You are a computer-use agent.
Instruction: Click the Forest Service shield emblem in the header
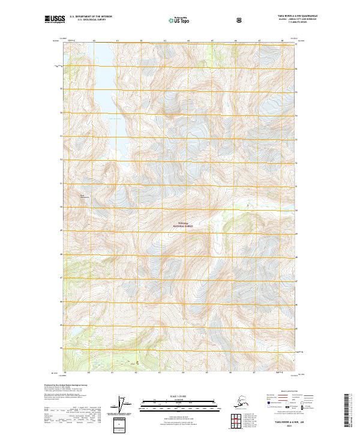[239, 20]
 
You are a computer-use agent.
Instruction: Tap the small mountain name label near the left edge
[83, 196]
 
